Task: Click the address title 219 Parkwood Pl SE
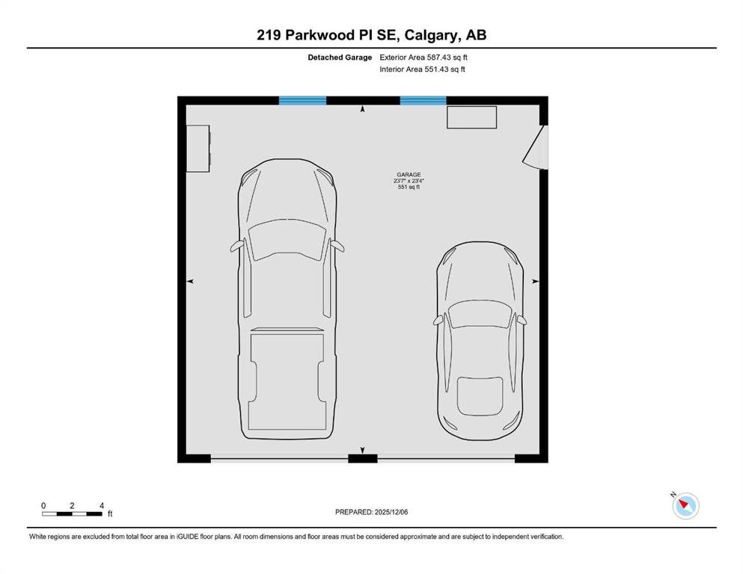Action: pos(326,35)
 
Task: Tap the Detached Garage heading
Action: pos(340,58)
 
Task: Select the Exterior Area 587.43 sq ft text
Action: pos(424,58)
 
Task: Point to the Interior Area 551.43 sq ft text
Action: pos(422,69)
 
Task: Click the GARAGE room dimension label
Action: pos(409,181)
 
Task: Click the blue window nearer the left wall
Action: pos(302,100)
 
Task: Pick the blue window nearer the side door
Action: pos(424,100)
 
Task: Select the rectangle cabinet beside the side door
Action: pos(471,117)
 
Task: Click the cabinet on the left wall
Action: pos(198,148)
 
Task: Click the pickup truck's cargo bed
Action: pos(287,381)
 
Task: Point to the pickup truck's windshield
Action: pos(288,240)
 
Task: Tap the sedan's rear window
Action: pos(480,396)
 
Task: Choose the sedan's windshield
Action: pos(480,314)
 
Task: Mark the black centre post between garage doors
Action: pos(362,458)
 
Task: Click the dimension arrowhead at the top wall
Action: pos(362,109)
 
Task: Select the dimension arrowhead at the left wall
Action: pos(190,281)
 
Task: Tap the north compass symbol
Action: pos(685,506)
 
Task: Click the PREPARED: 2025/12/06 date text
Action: pos(371,512)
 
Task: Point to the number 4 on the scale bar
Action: pos(102,506)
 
